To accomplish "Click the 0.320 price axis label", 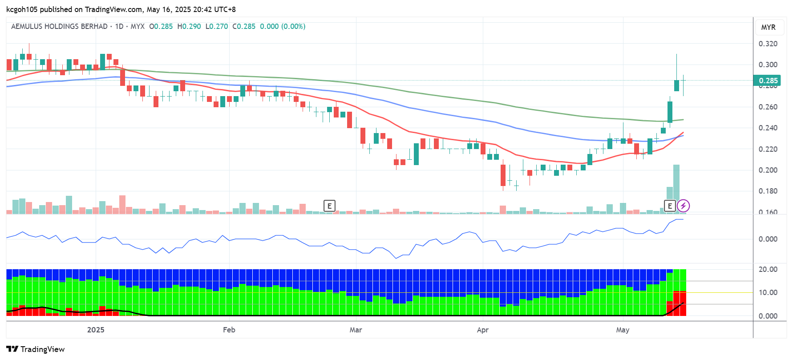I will tap(768, 44).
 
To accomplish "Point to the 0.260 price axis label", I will tap(768, 107).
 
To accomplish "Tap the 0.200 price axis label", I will tap(768, 170).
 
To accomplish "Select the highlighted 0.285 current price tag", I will tap(767, 81).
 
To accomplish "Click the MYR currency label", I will tap(768, 27).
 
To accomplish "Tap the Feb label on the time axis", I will tap(229, 330).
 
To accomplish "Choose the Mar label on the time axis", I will tap(356, 330).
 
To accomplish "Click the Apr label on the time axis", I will tap(482, 330).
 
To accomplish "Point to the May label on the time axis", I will tap(623, 330).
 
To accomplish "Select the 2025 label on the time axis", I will tap(96, 330).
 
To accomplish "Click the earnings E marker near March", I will tap(329, 206).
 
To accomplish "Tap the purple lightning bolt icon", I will tap(683, 206).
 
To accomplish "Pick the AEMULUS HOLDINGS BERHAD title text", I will tap(59, 26).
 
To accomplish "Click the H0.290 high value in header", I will tap(189, 26).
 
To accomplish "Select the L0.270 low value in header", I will tap(217, 26).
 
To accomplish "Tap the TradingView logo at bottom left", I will tap(36, 349).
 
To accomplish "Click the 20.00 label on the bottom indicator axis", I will tap(768, 269).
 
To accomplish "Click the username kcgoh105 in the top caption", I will tap(22, 9).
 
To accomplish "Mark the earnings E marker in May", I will tap(670, 206).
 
